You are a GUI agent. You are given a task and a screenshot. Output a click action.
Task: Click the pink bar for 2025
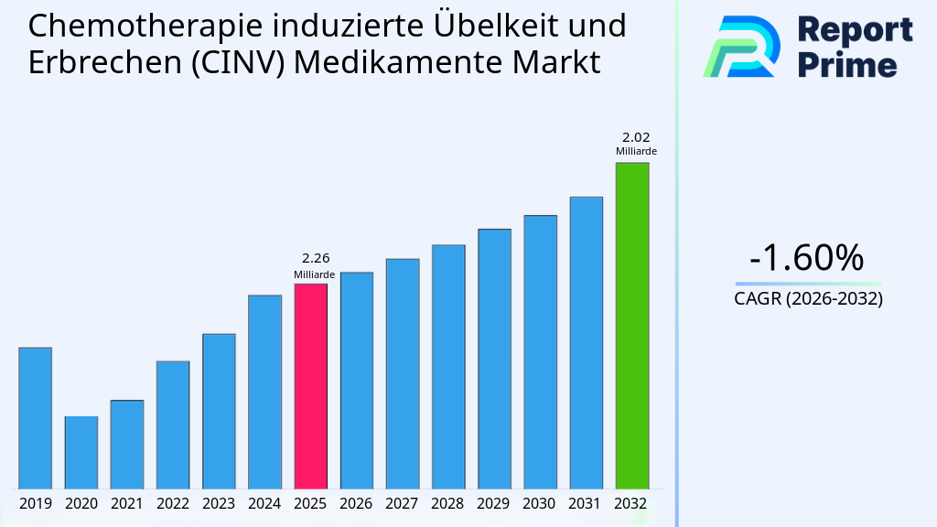point(310,385)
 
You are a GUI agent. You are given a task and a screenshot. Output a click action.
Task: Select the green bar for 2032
point(631,325)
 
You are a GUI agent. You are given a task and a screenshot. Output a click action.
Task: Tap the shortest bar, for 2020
point(81,452)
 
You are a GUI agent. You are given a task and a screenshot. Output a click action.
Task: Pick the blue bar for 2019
point(36,417)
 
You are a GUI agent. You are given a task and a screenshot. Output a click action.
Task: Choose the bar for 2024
point(264,391)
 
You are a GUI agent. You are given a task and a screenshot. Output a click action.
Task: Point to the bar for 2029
point(494,358)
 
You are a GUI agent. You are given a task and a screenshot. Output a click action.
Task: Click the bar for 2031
point(586,342)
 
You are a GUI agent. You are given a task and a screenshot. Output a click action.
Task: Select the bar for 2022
point(173,425)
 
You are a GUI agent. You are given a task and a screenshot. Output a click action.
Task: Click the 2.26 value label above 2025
point(310,259)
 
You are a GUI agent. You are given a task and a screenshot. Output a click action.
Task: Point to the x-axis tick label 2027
point(402,503)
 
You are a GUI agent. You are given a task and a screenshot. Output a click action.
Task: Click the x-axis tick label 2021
point(127,503)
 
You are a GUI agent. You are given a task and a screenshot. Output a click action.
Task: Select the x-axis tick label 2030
point(540,503)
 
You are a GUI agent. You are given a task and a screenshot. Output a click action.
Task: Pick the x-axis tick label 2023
point(219,503)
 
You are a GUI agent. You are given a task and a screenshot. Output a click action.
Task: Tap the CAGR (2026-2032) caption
point(808,298)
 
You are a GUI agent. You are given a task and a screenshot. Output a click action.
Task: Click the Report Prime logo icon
point(741,47)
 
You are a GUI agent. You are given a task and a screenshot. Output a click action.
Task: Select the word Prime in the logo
point(847,65)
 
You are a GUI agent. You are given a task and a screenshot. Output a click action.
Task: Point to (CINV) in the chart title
point(240,63)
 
